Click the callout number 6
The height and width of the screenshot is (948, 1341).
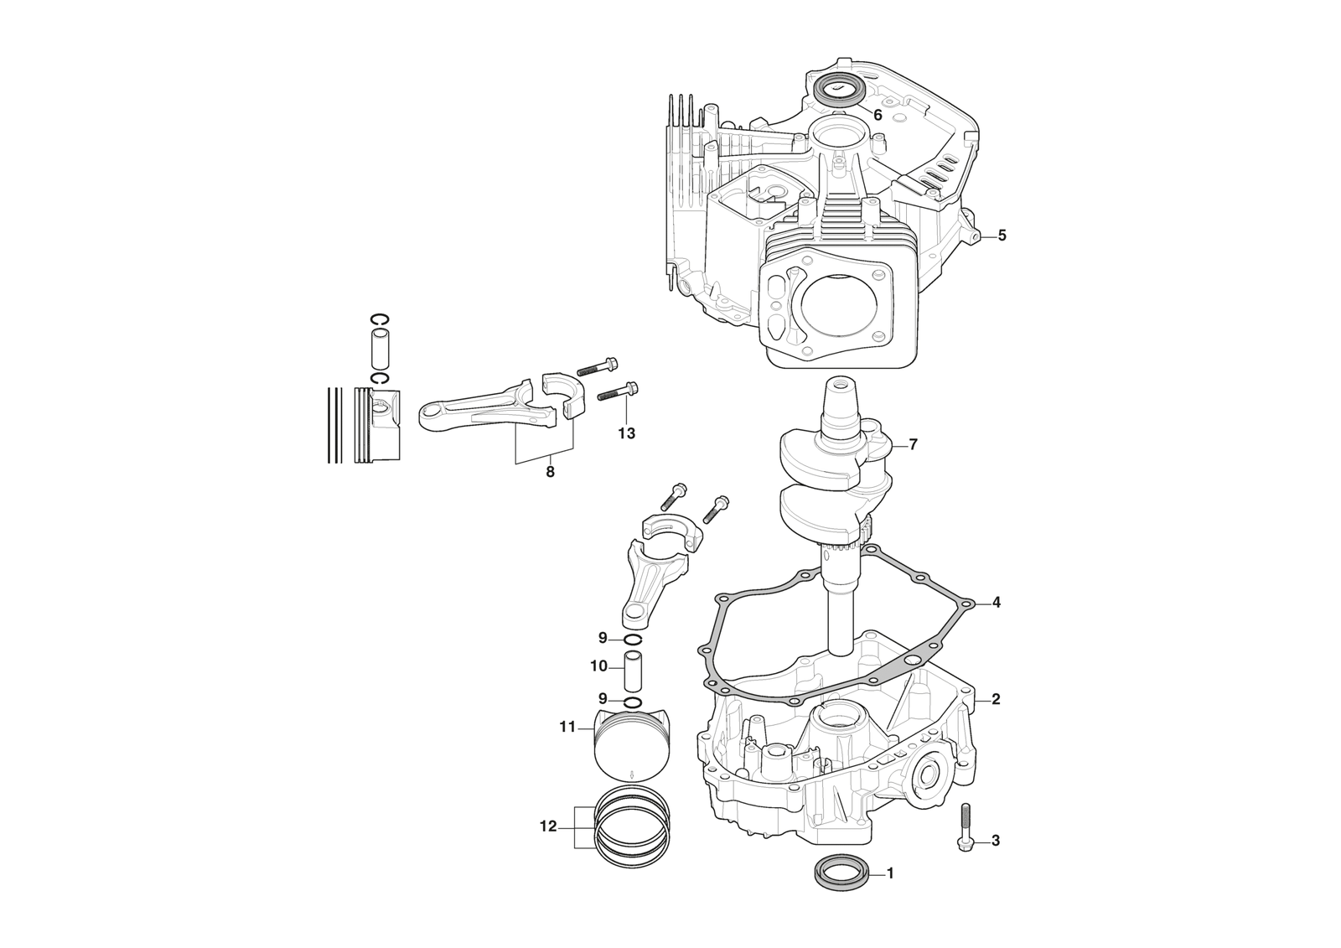click(x=878, y=116)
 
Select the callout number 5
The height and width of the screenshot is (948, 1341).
click(x=1002, y=236)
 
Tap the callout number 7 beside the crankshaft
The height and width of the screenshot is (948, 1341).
click(x=913, y=444)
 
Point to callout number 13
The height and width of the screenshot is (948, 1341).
click(x=626, y=433)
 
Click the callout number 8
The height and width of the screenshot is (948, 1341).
click(x=550, y=471)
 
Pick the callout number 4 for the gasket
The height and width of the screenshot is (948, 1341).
click(x=996, y=602)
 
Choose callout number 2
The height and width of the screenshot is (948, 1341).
click(x=996, y=698)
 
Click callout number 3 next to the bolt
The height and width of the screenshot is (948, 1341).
click(x=996, y=840)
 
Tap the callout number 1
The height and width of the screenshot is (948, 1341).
click(x=890, y=873)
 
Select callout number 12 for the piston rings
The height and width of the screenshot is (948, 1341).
click(x=548, y=826)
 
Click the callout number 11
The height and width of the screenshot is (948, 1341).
click(x=568, y=727)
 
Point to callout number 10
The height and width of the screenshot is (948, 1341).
click(x=598, y=666)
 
